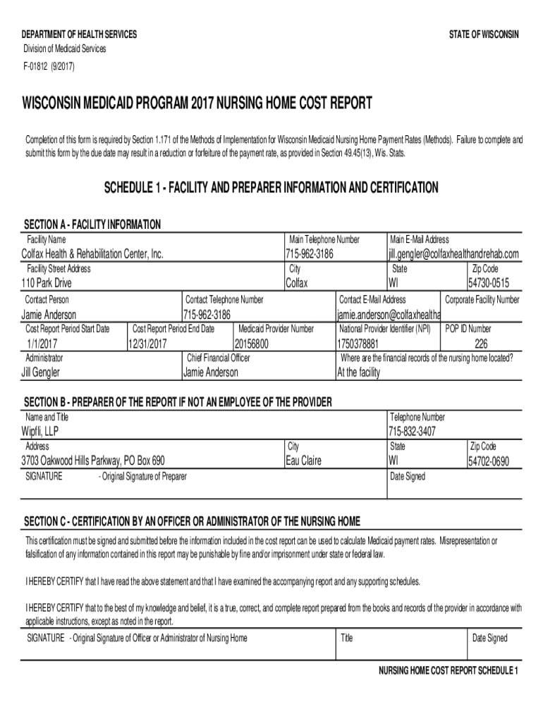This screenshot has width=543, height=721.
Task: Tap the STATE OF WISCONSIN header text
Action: click(x=484, y=35)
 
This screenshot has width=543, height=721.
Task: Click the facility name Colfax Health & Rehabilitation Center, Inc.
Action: click(x=93, y=253)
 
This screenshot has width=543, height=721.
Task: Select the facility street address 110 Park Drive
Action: click(x=47, y=283)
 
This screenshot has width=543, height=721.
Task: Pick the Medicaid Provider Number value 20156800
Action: click(x=252, y=344)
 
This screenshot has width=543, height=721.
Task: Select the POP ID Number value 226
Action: click(x=481, y=344)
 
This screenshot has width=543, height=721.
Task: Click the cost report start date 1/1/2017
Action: click(x=39, y=344)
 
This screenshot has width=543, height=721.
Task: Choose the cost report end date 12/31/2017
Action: click(x=147, y=344)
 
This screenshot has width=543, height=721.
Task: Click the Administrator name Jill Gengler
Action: click(x=41, y=372)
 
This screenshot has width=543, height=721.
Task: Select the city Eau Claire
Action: click(x=303, y=460)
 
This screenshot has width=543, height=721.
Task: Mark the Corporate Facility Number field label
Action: click(x=482, y=300)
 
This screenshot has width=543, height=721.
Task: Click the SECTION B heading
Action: click(x=178, y=402)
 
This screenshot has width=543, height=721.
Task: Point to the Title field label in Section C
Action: click(x=346, y=639)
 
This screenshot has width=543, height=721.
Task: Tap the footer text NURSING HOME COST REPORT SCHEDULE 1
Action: click(x=449, y=670)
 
